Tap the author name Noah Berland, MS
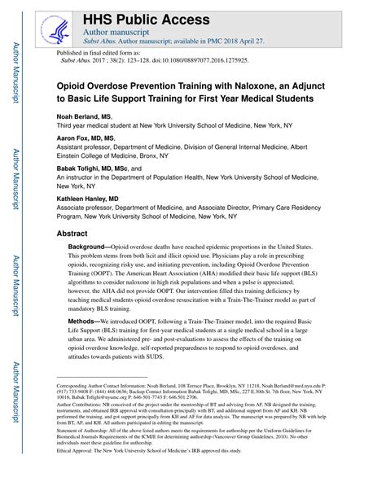[85, 116]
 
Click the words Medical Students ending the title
[279, 98]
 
